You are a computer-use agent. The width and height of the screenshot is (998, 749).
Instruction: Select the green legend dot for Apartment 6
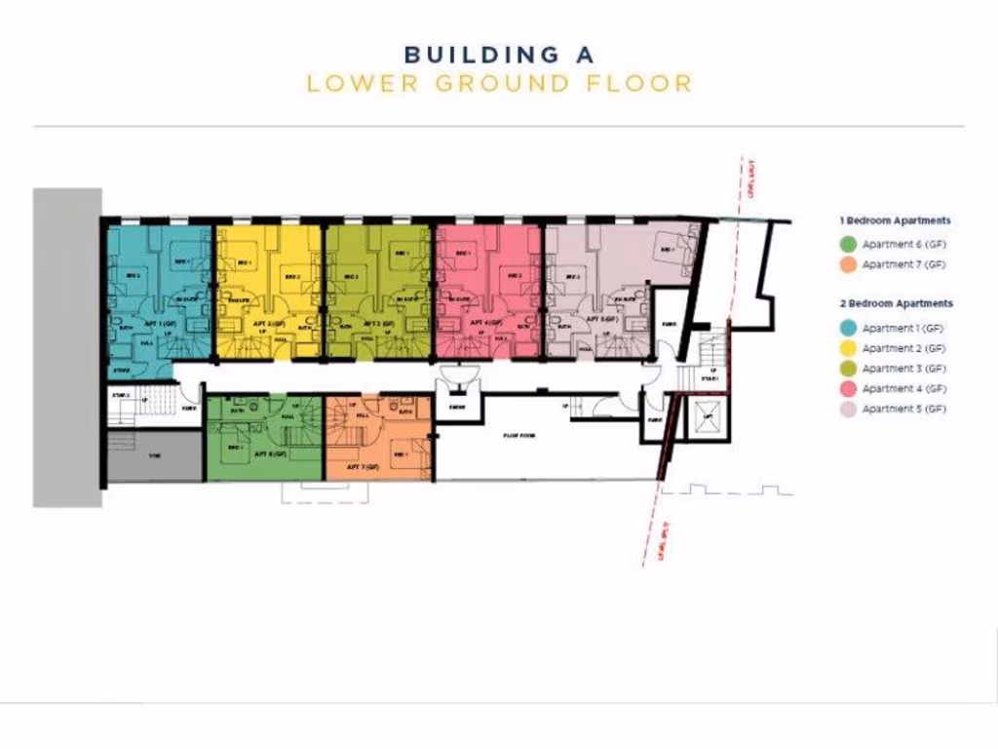click(x=848, y=244)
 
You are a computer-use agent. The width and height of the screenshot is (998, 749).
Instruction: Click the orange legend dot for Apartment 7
click(x=848, y=264)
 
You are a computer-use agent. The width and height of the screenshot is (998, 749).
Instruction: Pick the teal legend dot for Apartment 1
click(x=848, y=329)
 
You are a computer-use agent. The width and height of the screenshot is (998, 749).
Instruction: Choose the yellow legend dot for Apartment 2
click(x=848, y=348)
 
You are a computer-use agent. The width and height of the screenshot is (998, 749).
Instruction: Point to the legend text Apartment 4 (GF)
click(x=903, y=389)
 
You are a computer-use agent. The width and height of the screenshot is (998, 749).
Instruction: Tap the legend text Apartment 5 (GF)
click(x=903, y=410)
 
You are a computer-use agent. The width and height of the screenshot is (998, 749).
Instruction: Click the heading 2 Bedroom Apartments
click(x=896, y=304)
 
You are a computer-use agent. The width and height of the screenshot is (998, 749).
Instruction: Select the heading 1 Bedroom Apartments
click(x=895, y=221)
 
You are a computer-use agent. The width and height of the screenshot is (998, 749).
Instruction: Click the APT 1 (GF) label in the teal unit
click(x=160, y=322)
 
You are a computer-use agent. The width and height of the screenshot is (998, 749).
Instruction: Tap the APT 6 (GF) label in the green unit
click(x=271, y=454)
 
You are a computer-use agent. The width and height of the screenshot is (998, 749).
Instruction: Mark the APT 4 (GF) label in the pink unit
click(x=486, y=322)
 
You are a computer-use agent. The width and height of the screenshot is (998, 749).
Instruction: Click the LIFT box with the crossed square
click(x=708, y=418)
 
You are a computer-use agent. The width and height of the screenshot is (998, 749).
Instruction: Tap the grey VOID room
click(x=154, y=456)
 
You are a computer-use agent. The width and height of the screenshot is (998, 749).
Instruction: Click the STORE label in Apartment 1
click(x=122, y=371)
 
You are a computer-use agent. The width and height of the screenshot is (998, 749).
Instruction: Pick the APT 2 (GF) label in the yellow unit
click(x=272, y=322)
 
